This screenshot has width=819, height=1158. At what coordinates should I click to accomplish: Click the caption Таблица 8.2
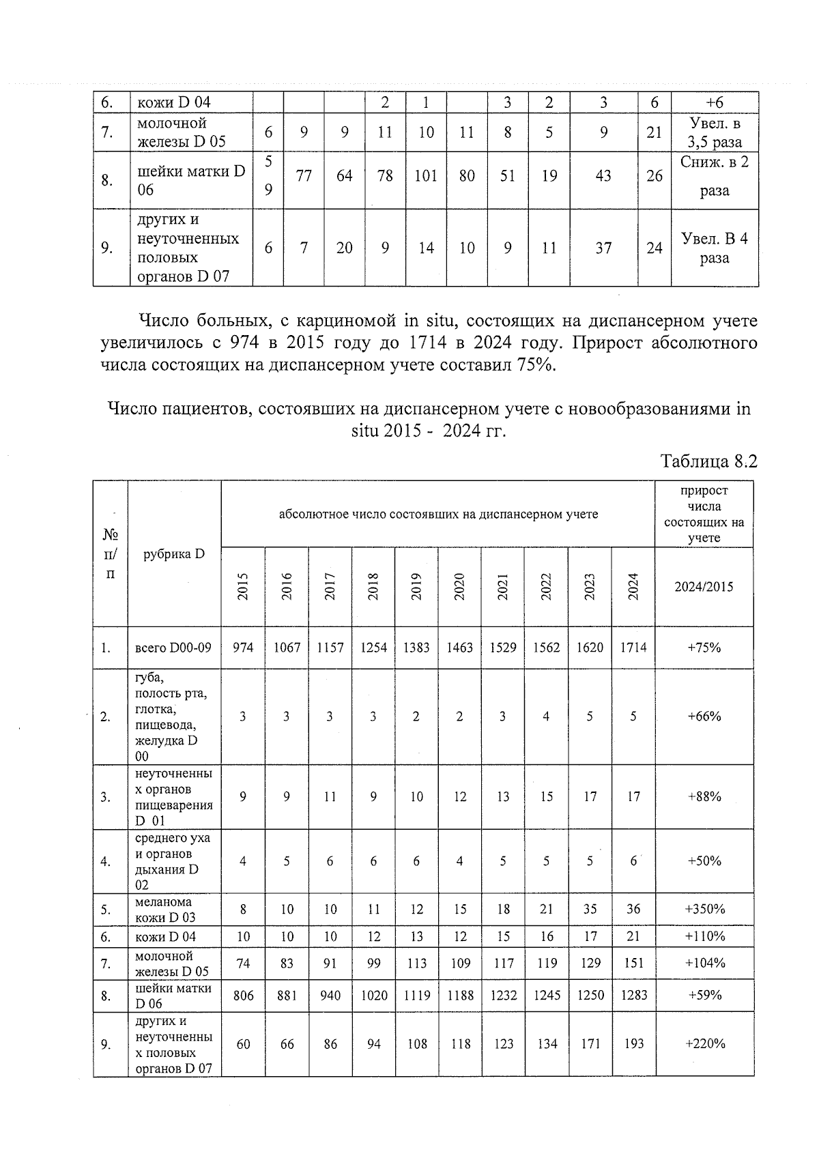(709, 461)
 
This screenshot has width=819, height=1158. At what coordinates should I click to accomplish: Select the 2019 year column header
(416, 586)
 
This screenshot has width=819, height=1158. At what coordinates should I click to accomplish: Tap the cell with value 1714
(633, 648)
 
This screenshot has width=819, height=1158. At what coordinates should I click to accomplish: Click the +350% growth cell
(705, 909)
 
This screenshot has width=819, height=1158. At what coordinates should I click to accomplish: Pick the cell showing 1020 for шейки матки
(373, 996)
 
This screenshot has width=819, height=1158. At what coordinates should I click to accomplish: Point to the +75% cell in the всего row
(705, 648)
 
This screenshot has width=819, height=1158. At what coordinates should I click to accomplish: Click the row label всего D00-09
(173, 648)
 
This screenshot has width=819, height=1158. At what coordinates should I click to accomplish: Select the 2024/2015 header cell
(705, 586)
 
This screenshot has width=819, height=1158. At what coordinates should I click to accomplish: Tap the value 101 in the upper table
(426, 176)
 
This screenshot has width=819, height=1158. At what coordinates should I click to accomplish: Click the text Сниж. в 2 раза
(715, 176)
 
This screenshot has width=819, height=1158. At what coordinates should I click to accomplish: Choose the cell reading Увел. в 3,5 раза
(715, 133)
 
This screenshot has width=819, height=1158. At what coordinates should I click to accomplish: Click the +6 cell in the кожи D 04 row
(715, 102)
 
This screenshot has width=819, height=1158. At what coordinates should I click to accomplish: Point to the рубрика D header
(174, 553)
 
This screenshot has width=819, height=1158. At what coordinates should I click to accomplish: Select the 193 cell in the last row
(633, 1044)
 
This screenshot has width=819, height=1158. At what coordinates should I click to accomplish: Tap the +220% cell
(705, 1044)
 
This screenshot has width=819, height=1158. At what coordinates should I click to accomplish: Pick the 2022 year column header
(546, 586)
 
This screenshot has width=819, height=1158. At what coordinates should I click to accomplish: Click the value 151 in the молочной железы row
(633, 964)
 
